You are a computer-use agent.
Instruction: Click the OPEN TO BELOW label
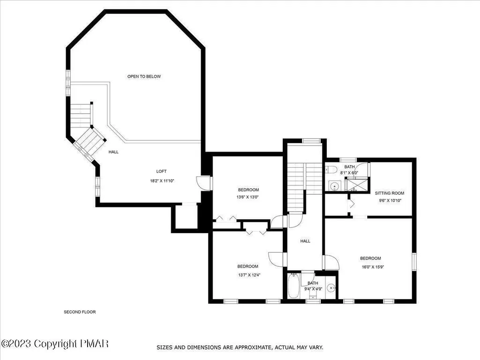point(144,76)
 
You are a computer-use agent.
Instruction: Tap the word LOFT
point(161,171)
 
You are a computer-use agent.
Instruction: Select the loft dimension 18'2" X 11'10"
point(162,181)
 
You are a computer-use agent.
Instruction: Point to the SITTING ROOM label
point(390,193)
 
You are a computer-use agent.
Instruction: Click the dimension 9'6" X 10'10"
point(390,201)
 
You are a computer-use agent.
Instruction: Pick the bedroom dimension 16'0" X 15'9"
point(373,267)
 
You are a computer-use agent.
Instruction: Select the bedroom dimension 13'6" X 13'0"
point(248,197)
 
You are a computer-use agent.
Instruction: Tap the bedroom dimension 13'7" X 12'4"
point(249,275)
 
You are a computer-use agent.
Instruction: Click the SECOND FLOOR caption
point(80,312)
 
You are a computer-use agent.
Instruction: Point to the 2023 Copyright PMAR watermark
point(55,344)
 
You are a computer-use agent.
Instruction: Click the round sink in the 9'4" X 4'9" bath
point(331,288)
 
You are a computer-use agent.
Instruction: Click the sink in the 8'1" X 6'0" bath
point(334,185)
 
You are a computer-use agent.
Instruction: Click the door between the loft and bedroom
point(204,183)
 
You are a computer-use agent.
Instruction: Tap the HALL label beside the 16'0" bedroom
point(305,241)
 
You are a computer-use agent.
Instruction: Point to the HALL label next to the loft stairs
point(113,152)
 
